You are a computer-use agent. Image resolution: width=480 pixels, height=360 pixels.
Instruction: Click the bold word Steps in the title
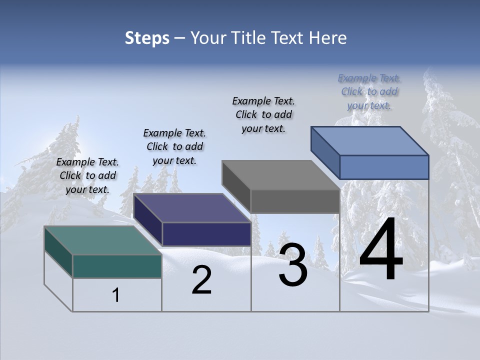point(147,38)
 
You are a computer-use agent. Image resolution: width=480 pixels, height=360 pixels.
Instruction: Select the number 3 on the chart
point(293,265)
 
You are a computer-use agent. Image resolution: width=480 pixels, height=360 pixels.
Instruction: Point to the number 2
point(201,280)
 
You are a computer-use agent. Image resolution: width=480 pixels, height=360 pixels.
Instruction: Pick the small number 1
point(116,295)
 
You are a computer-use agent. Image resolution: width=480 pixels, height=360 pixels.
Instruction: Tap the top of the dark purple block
point(192,207)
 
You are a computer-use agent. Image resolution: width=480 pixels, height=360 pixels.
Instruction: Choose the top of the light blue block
point(370,140)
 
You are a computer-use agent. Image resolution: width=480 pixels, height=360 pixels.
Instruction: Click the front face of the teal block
point(117,266)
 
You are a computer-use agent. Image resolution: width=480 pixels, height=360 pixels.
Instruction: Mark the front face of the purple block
point(206,234)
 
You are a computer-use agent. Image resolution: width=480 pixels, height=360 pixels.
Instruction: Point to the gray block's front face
point(295,201)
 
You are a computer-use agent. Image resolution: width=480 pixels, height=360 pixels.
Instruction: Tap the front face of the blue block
point(384,167)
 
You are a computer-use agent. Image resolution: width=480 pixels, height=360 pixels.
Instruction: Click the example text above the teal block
point(87,175)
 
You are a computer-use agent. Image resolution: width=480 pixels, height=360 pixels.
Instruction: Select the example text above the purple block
point(174,146)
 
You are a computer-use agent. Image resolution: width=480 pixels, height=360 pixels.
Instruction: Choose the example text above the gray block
point(263,114)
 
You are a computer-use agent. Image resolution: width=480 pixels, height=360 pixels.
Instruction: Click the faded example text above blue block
point(369,91)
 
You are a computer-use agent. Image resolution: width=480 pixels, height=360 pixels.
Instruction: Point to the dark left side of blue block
point(325,152)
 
